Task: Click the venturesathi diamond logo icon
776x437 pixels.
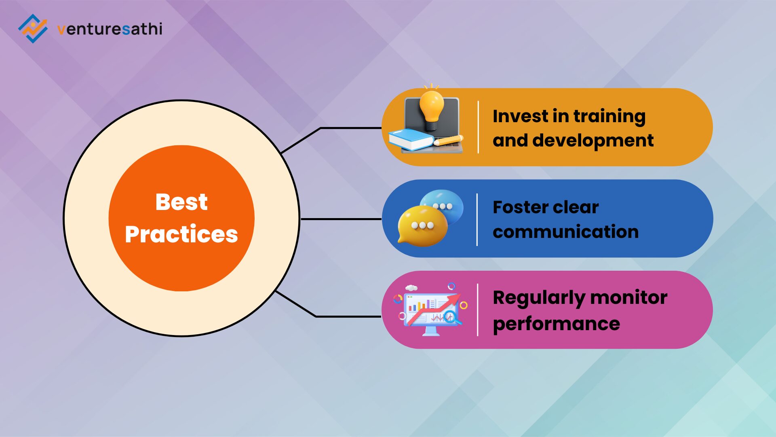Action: click(x=33, y=28)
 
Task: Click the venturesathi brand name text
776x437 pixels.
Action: click(x=110, y=29)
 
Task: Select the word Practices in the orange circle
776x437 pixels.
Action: click(x=181, y=234)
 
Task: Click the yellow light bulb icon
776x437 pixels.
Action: click(x=431, y=107)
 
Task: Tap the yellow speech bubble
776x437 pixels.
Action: click(x=422, y=225)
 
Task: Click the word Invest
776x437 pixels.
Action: click(x=521, y=116)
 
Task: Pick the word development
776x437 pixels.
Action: click(x=593, y=140)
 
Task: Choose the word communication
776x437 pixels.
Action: click(x=566, y=232)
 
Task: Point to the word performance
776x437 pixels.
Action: click(x=557, y=324)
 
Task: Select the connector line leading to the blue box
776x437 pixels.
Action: click(x=341, y=219)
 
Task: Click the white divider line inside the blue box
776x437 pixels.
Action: click(x=477, y=219)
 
